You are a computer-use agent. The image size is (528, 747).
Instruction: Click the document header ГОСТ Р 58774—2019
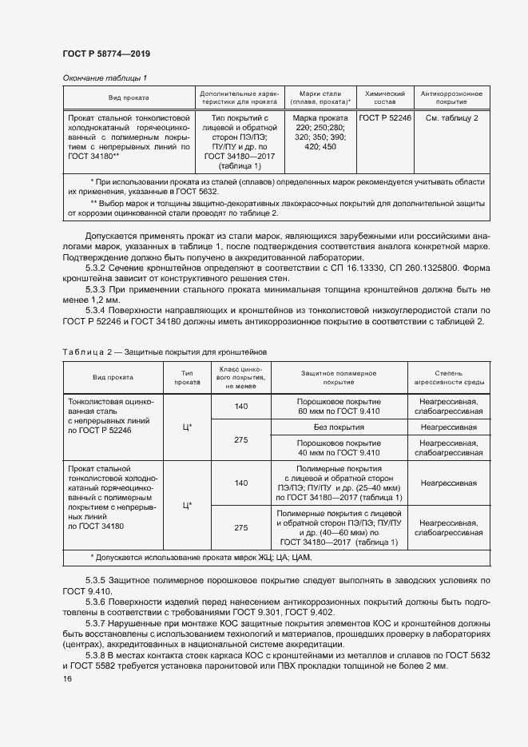[106, 54]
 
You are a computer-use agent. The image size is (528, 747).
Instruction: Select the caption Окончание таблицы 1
[105, 78]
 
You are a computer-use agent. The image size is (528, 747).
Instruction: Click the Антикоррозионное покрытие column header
[451, 98]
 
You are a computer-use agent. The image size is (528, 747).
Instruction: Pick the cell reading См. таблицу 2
[451, 118]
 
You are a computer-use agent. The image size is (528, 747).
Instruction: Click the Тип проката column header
[188, 378]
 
